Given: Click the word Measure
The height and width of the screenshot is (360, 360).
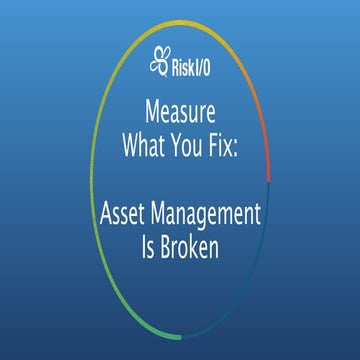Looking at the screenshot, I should click(x=180, y=108).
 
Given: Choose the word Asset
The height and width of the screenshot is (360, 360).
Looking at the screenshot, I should click(x=127, y=213).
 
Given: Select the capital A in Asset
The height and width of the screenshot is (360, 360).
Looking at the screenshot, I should click(x=108, y=213).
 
